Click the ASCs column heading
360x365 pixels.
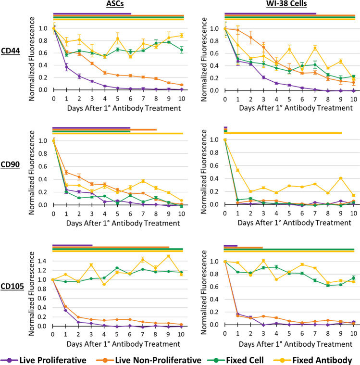point(118,5)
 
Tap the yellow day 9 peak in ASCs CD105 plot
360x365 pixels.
point(169,256)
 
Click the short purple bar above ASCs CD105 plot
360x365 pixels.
point(72,245)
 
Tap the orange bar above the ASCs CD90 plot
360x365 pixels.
point(143,129)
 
